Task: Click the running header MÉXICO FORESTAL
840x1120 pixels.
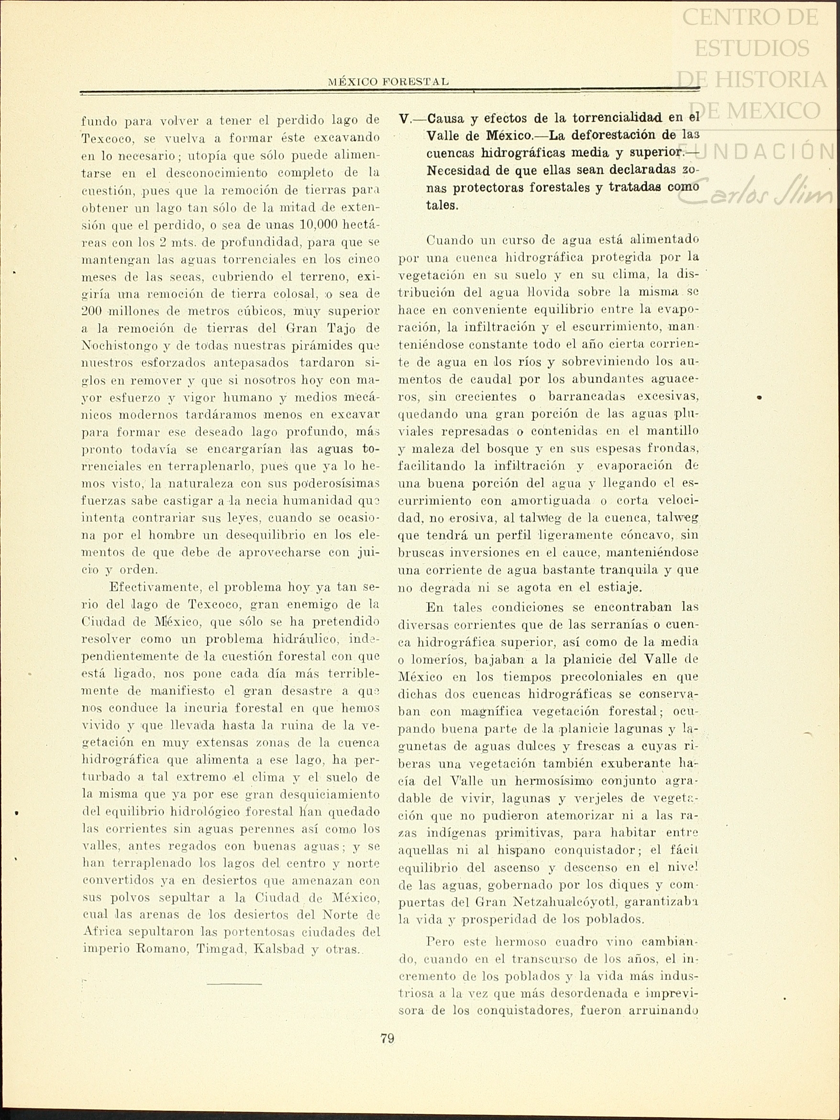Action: coord(388,81)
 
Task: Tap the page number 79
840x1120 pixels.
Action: coord(387,1039)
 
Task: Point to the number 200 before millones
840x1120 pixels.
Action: coord(92,311)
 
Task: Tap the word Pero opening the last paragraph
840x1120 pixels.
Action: coord(442,942)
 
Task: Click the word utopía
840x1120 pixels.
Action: coord(206,155)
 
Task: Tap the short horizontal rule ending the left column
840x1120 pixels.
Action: coord(234,984)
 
